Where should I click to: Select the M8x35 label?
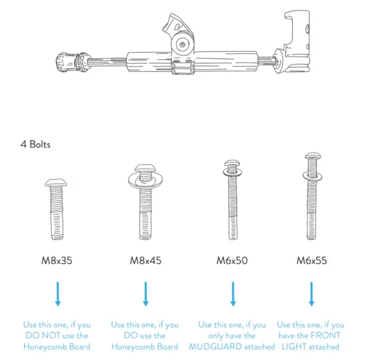coord(57,260)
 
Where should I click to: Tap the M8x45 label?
coord(145,260)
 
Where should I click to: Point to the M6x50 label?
coord(233,260)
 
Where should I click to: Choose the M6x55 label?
coord(311,260)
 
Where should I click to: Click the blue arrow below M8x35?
coord(57,293)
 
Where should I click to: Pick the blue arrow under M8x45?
coord(145,293)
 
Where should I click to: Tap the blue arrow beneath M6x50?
coord(233,293)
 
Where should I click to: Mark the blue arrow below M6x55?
coord(311,293)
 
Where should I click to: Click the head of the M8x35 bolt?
coord(57,183)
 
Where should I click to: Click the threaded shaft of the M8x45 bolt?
coord(145,213)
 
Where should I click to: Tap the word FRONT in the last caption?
coord(329,335)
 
